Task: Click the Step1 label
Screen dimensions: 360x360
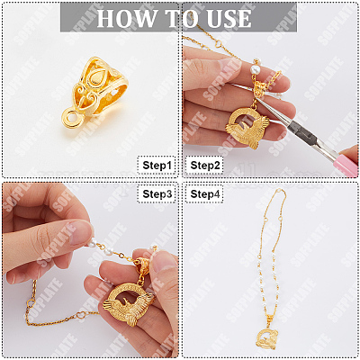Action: (157, 166)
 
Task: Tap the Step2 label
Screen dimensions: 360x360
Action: (204, 166)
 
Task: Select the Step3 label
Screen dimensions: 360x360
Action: (157, 194)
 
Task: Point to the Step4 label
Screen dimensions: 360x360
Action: (204, 194)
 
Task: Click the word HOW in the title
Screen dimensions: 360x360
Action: (125, 19)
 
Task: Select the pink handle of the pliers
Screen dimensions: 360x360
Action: (347, 165)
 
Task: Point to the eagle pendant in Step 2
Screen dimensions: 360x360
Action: (247, 128)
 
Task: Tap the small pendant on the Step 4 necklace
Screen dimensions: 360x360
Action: (265, 338)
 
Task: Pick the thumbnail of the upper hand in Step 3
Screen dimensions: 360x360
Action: (80, 232)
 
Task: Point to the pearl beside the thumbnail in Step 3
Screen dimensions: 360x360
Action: (93, 245)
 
